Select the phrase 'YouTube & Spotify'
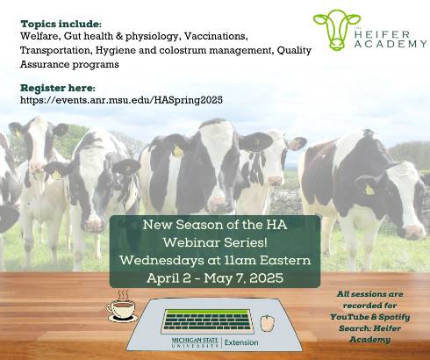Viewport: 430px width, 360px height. tap(376, 317)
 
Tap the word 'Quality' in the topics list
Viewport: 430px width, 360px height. tap(294, 50)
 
